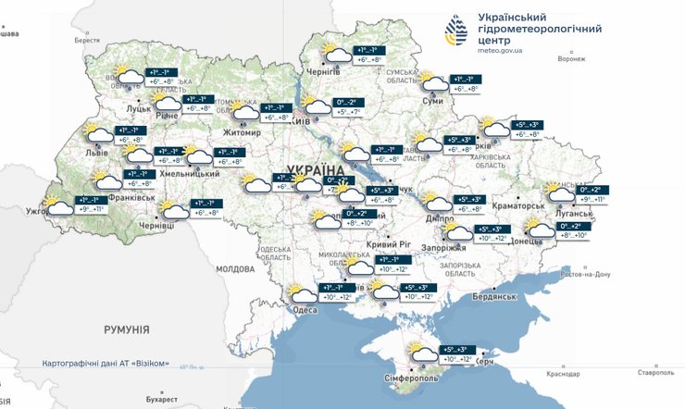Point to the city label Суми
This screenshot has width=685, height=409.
pos(431,100)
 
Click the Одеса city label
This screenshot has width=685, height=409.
pos(305,310)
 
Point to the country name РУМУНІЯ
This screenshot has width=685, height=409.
pos(127,329)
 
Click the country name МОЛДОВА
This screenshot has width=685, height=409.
pos(234,268)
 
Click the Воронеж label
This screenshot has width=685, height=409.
pos(572,58)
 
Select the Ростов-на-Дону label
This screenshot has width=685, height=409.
pos(586,274)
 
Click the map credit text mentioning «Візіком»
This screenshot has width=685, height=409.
pos(106,364)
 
